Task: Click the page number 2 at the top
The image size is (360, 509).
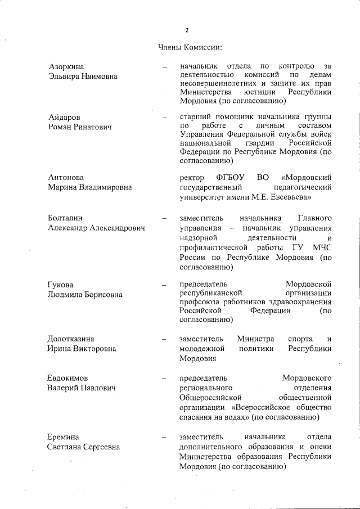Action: point(186,29)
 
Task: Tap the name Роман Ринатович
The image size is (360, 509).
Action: point(80,127)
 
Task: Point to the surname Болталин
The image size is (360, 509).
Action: point(66,218)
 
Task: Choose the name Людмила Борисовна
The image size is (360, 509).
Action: point(85,295)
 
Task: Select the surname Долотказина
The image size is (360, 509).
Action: point(71,339)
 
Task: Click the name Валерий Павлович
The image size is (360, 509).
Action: point(82,388)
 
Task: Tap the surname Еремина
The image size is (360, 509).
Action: point(64,437)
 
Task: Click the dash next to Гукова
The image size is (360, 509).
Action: point(165,285)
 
